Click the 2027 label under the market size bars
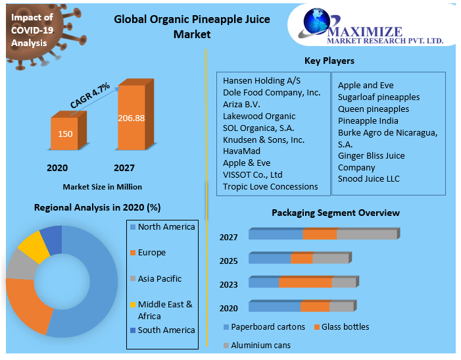coord(124,168)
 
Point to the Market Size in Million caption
coord(102,187)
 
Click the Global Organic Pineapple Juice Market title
coord(192,26)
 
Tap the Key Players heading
coord(329,61)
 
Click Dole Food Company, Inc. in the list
coord(272,92)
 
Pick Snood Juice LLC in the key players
coord(369,178)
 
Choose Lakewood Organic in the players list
coord(259,116)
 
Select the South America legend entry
coord(166,330)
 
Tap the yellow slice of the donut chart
coord(31,242)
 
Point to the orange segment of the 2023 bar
coord(304,282)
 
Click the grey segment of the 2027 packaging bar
coord(366,234)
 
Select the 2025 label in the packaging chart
coord(229,261)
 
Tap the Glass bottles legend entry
coord(345,327)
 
